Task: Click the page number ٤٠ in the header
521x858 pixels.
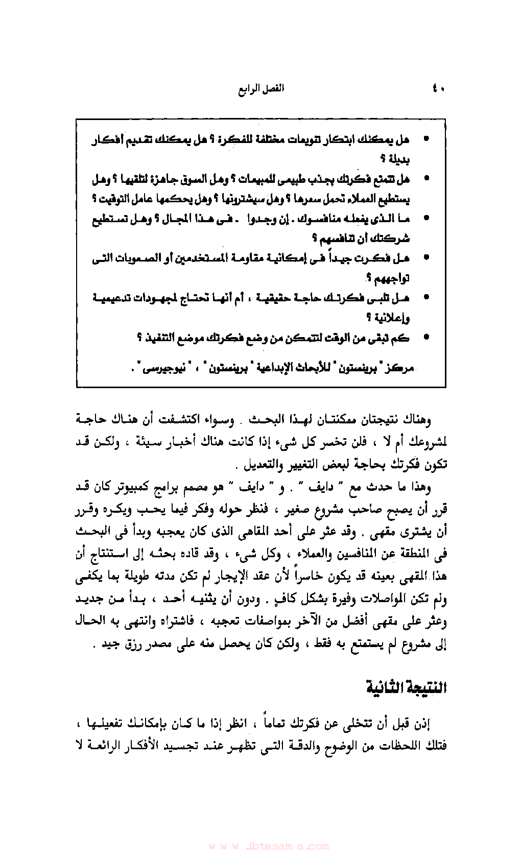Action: pyautogui.click(x=438, y=89)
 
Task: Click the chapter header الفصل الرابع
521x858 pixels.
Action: pyautogui.click(x=261, y=89)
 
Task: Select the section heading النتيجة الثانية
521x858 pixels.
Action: pyautogui.click(x=407, y=687)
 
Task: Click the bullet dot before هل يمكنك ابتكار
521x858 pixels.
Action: pyautogui.click(x=426, y=139)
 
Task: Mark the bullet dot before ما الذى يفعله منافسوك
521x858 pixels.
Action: pyautogui.click(x=426, y=219)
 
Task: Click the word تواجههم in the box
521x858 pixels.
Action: pyautogui.click(x=392, y=278)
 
